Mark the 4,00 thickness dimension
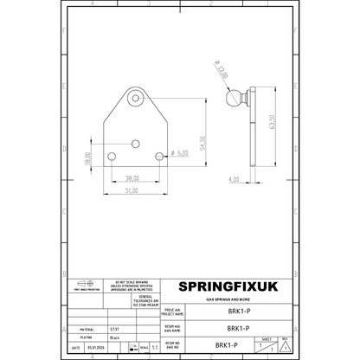(234, 179)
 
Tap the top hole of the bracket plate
(137, 100)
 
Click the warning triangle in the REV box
(284, 346)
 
